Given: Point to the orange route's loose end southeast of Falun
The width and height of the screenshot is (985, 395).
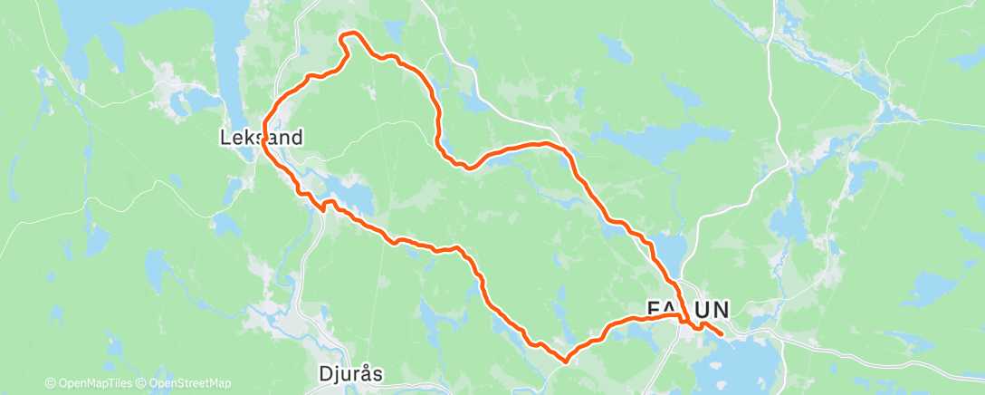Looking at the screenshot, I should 722,335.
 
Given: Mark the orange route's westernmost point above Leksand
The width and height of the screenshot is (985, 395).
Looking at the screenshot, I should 263,125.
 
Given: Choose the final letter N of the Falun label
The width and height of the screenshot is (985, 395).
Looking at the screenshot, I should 721,310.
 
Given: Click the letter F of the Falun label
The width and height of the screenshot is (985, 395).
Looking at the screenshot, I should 653,310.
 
